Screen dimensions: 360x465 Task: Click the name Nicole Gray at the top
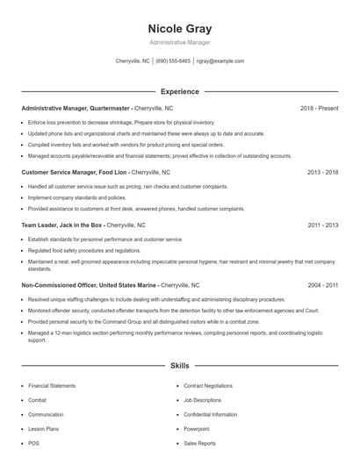click(x=180, y=28)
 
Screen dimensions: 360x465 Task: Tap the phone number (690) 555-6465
click(x=174, y=61)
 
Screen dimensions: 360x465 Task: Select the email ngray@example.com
click(x=220, y=61)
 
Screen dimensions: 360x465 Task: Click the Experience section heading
click(x=179, y=91)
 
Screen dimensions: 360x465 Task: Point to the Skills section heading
click(x=179, y=364)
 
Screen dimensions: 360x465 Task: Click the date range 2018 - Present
click(x=319, y=108)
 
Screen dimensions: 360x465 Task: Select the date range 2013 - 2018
click(x=322, y=173)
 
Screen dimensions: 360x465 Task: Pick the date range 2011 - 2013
click(x=322, y=225)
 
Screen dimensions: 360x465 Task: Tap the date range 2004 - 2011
click(x=322, y=285)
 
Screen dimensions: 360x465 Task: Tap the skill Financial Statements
click(x=52, y=386)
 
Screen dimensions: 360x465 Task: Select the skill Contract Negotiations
click(x=208, y=386)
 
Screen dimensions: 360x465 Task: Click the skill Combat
click(x=39, y=400)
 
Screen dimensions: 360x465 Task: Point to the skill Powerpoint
click(x=197, y=429)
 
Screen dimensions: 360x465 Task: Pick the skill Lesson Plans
click(x=44, y=429)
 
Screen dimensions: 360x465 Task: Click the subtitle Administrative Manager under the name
click(x=180, y=42)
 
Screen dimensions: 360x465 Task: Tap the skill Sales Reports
click(x=200, y=443)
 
